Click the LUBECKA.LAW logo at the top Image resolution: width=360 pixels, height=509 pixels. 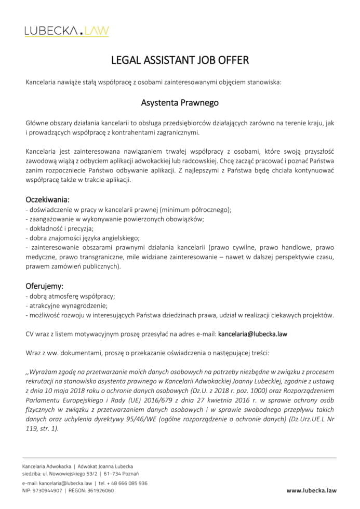(x=66, y=31)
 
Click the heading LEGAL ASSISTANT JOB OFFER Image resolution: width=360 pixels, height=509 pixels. (x=180, y=60)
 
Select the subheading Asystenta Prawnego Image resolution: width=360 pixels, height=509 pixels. (x=180, y=103)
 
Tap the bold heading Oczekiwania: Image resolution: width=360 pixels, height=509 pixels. (x=47, y=199)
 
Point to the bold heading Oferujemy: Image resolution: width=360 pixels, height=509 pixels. (x=45, y=286)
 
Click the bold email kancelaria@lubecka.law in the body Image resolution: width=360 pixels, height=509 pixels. (x=252, y=334)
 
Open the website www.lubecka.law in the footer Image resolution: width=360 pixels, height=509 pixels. (x=311, y=490)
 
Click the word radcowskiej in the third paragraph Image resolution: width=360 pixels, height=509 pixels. (x=196, y=161)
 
